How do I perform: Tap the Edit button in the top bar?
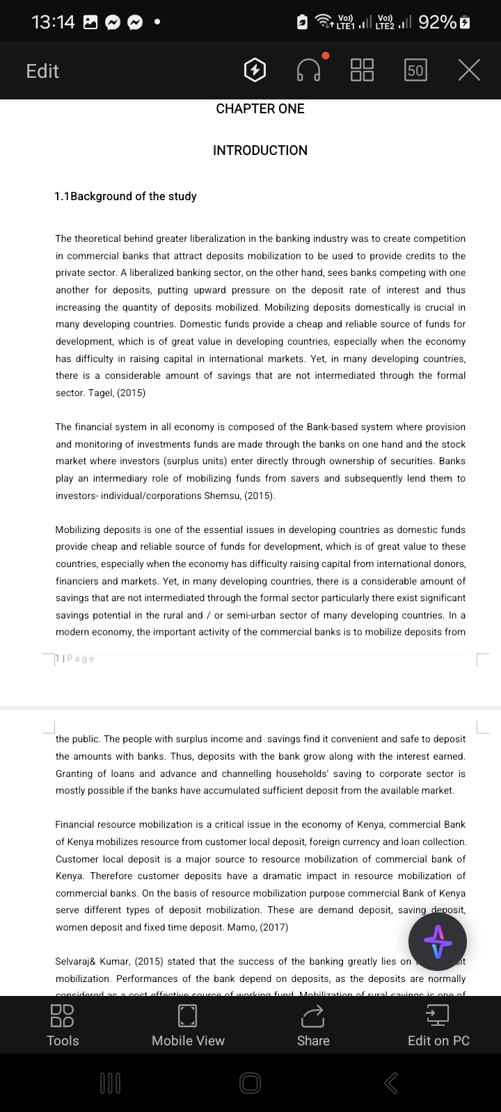point(42,71)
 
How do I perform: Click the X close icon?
point(470,70)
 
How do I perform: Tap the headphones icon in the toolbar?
point(309,70)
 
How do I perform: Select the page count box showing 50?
point(415,70)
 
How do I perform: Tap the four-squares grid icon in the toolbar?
point(362,70)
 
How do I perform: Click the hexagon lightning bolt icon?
point(255,70)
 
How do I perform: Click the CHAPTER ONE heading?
point(260,109)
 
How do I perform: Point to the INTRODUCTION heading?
point(260,151)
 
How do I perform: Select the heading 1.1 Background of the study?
point(126,197)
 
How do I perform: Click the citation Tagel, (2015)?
point(117,393)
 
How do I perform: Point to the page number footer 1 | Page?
point(74,659)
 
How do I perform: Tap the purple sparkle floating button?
point(438,942)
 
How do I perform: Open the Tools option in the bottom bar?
point(63,1025)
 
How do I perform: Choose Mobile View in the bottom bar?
point(188,1025)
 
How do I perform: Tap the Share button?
point(313,1025)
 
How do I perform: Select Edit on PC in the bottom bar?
point(438,1025)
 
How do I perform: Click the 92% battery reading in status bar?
point(437,22)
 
